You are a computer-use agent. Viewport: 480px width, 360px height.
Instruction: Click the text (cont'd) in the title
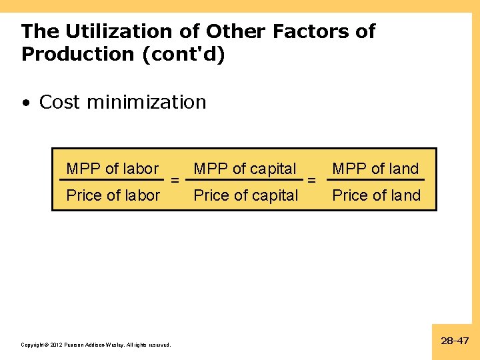click(184, 55)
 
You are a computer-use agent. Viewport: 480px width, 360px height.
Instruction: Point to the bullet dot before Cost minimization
click(26, 103)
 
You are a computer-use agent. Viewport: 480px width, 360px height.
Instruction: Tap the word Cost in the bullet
click(60, 102)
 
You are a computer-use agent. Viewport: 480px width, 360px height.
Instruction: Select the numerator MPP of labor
click(113, 169)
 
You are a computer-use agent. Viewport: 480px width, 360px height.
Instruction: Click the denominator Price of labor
click(113, 195)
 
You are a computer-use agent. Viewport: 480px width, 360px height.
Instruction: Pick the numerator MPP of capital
click(245, 169)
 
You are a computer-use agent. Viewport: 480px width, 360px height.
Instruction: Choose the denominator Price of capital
click(246, 195)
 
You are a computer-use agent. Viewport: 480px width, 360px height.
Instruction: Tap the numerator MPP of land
click(375, 169)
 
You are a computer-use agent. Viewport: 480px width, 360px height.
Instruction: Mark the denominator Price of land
click(377, 195)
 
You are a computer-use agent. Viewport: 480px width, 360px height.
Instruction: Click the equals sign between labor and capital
click(174, 180)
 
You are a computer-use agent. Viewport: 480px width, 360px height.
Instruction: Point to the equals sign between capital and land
click(311, 180)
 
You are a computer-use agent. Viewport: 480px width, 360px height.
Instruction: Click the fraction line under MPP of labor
click(112, 179)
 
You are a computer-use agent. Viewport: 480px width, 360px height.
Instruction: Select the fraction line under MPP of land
click(376, 179)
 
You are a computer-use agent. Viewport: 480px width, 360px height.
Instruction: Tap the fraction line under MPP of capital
click(245, 179)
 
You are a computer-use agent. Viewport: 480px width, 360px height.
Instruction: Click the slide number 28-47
click(455, 341)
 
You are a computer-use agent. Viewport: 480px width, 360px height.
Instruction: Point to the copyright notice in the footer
click(96, 345)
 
